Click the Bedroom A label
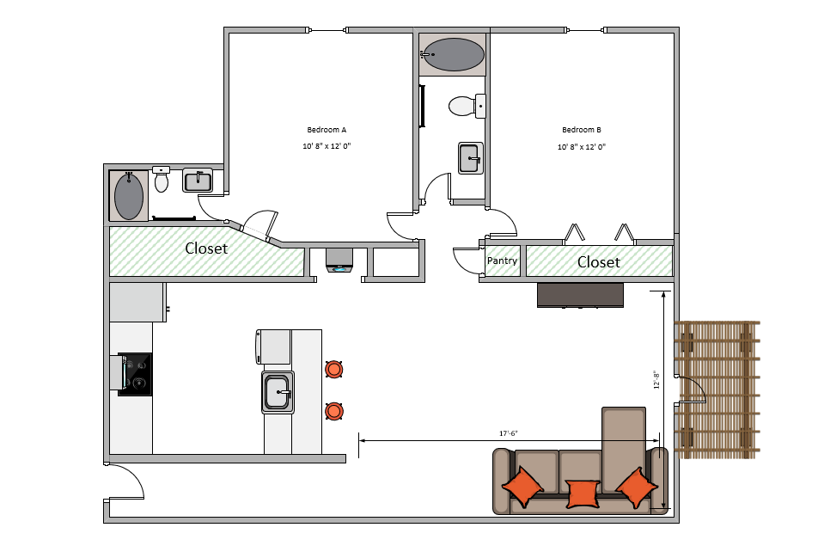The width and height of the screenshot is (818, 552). click(x=327, y=130)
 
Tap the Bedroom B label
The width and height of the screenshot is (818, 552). click(x=582, y=130)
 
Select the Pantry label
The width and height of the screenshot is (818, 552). click(x=502, y=261)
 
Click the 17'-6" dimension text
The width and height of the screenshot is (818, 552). click(x=509, y=433)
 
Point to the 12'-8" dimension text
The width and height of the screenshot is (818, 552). click(x=656, y=380)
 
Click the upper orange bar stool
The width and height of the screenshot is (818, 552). click(x=334, y=369)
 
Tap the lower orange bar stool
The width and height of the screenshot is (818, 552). click(x=334, y=411)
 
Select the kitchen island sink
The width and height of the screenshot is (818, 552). click(x=278, y=392)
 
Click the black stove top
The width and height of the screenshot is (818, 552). click(x=136, y=374)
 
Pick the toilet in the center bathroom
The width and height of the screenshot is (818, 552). click(x=467, y=106)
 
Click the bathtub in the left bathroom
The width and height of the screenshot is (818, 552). click(x=129, y=196)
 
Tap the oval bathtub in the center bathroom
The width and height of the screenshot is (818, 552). click(x=454, y=54)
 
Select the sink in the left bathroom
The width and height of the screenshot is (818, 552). click(x=198, y=181)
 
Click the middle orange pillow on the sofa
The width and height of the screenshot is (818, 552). click(x=583, y=494)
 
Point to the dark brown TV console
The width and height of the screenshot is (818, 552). click(x=580, y=295)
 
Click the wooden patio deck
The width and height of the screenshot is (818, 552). click(x=717, y=389)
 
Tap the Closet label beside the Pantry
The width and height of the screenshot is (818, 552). click(x=599, y=261)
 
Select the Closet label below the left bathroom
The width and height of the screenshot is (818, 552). click(x=206, y=248)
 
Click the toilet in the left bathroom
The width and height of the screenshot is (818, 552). click(x=162, y=179)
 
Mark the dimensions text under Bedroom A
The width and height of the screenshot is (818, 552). click(x=327, y=146)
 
